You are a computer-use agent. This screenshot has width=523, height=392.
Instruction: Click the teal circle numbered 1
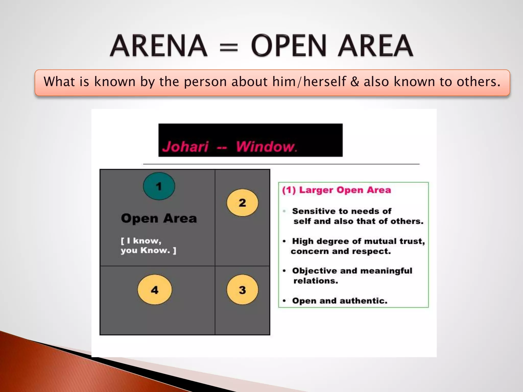point(159,186)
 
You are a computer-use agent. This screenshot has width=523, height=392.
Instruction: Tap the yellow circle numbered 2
point(242,203)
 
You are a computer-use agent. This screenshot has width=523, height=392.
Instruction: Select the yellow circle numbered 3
point(242,290)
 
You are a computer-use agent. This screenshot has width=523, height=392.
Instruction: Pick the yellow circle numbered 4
point(154,290)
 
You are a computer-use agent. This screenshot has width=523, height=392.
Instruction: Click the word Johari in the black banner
point(185,147)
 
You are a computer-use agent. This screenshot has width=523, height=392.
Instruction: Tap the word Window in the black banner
point(265,147)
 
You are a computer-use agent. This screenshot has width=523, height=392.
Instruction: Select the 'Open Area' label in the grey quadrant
point(159,218)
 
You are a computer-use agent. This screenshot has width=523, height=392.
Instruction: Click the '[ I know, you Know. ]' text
point(148,246)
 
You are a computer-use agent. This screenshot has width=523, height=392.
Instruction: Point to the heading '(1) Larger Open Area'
point(336,190)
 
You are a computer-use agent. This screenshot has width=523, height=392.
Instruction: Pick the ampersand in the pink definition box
point(354,82)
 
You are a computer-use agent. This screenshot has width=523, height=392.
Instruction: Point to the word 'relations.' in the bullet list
point(316,281)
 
